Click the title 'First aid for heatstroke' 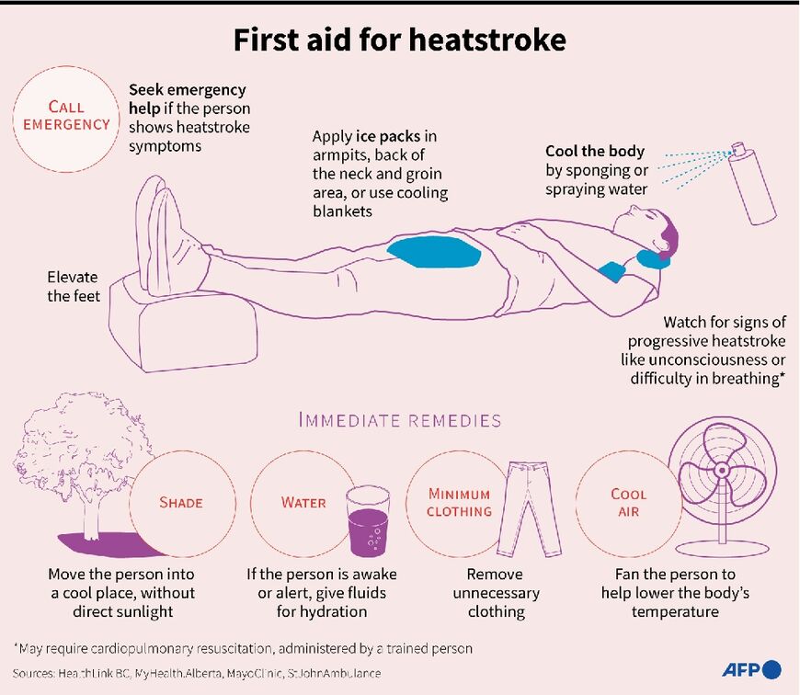click(x=399, y=40)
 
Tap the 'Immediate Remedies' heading click(x=399, y=421)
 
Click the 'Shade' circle click(x=180, y=503)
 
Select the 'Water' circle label click(x=303, y=503)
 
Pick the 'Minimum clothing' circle click(x=459, y=503)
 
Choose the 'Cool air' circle click(x=629, y=503)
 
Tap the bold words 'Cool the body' click(x=595, y=152)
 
